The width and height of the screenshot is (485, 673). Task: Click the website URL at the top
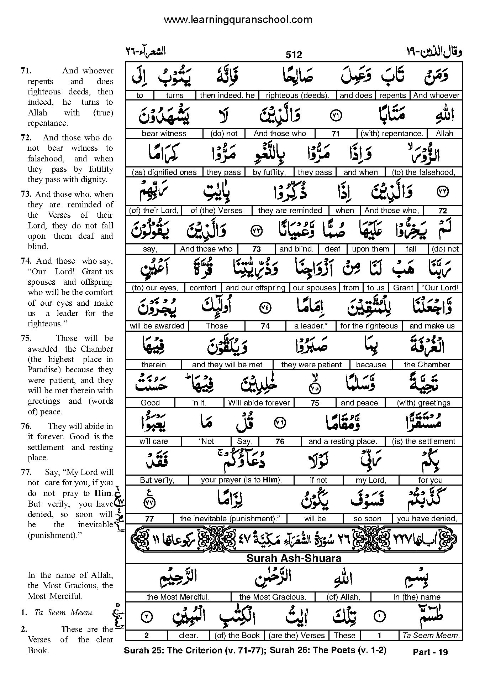click(x=238, y=20)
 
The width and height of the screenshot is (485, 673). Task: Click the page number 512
click(x=294, y=55)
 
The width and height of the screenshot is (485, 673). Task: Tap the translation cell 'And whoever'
click(x=436, y=95)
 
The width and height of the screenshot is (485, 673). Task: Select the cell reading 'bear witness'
click(x=164, y=134)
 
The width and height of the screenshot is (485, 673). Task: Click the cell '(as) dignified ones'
click(x=164, y=172)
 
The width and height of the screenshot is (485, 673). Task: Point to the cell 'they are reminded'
click(x=290, y=211)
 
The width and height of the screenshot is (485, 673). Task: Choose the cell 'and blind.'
click(x=296, y=249)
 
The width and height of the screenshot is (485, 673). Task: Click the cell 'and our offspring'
click(x=255, y=288)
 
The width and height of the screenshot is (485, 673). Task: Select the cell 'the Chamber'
click(x=427, y=364)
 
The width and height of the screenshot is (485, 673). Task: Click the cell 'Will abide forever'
click(x=259, y=403)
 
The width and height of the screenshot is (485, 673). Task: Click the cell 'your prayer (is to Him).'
click(x=241, y=480)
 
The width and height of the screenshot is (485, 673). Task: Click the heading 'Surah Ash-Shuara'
click(x=294, y=558)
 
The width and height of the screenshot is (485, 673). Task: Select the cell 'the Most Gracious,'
click(x=273, y=597)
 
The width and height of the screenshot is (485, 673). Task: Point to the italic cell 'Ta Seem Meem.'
click(x=430, y=635)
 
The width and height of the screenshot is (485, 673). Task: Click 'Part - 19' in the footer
click(x=430, y=652)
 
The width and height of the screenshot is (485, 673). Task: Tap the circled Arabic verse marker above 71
click(x=335, y=115)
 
